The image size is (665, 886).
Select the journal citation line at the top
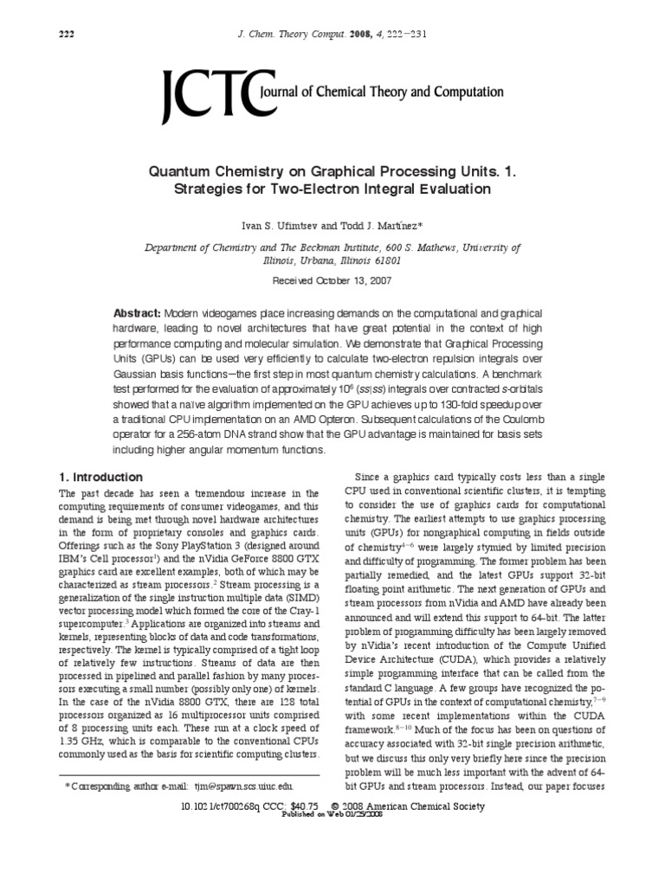332,35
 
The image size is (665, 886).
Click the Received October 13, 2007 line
332,281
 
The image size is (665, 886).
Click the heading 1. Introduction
100,477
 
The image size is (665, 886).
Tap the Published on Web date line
332,815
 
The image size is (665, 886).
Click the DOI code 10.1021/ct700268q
211,806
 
